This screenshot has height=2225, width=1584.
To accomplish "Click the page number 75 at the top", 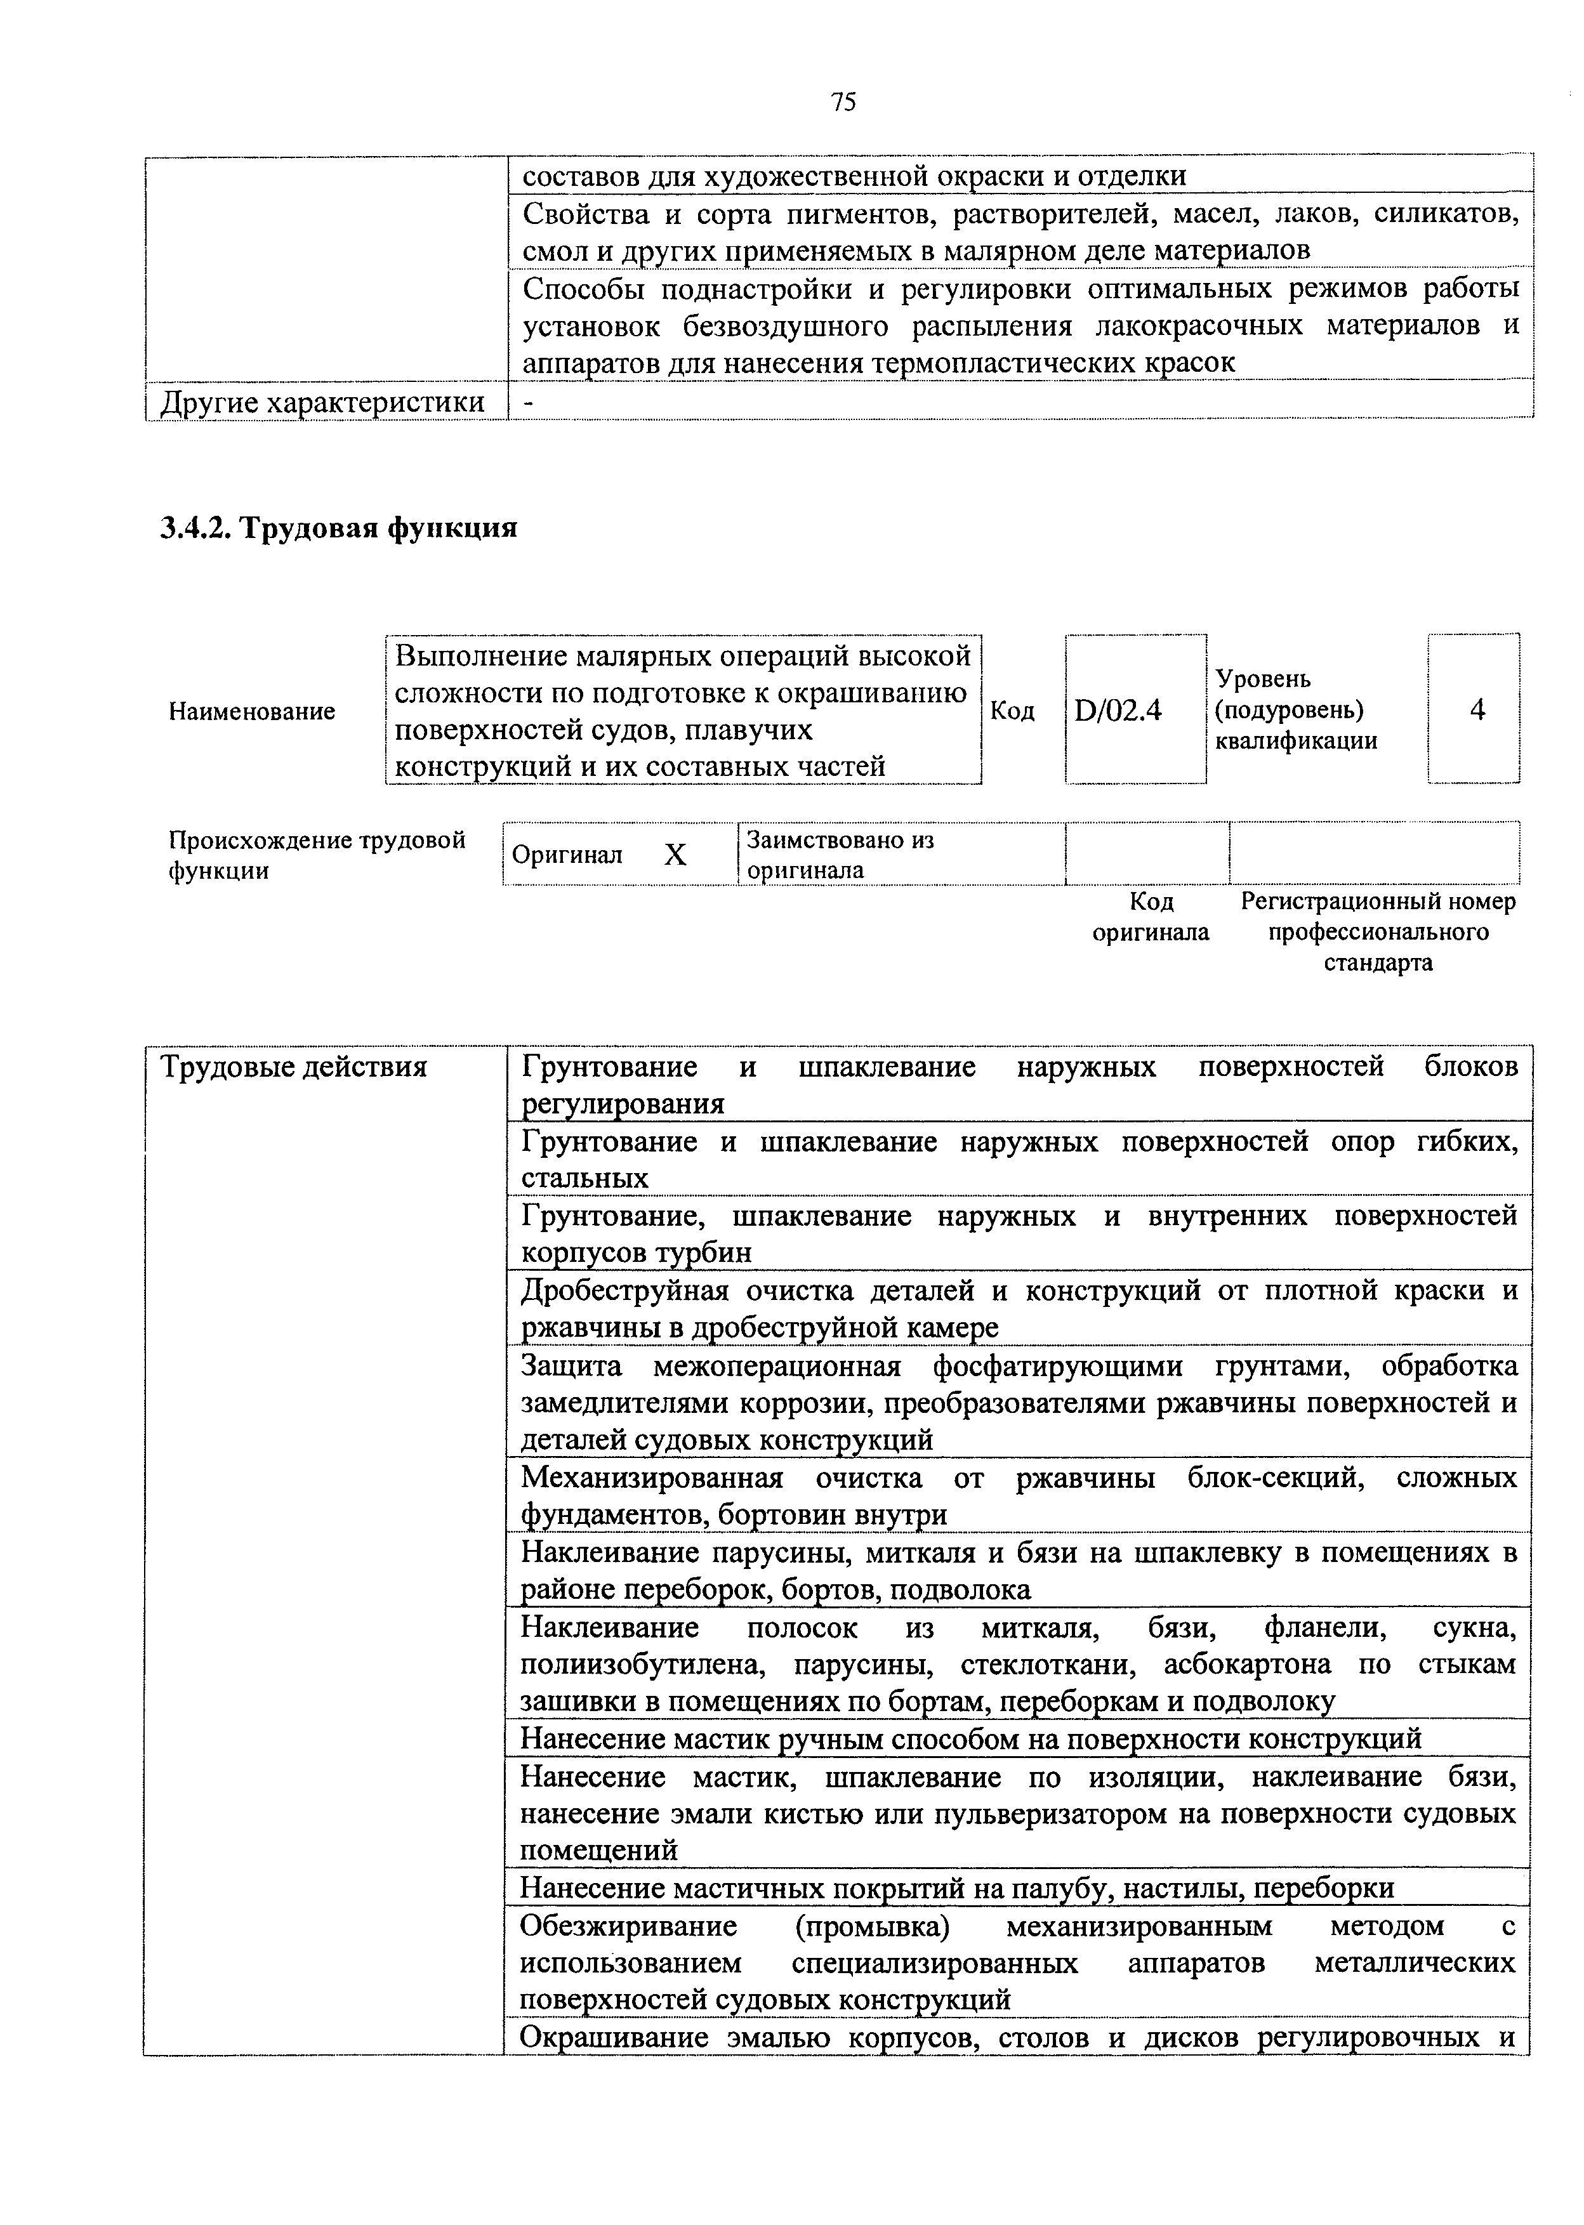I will tap(843, 102).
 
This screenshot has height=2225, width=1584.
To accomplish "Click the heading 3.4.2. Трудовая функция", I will tap(338, 528).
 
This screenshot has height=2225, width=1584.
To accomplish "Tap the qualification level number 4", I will tap(1477, 710).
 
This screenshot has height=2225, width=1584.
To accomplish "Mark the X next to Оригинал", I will tap(675, 855).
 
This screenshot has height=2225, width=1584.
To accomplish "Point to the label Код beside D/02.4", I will tap(1012, 711).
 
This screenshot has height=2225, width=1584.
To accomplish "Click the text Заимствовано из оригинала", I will tap(839, 854).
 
